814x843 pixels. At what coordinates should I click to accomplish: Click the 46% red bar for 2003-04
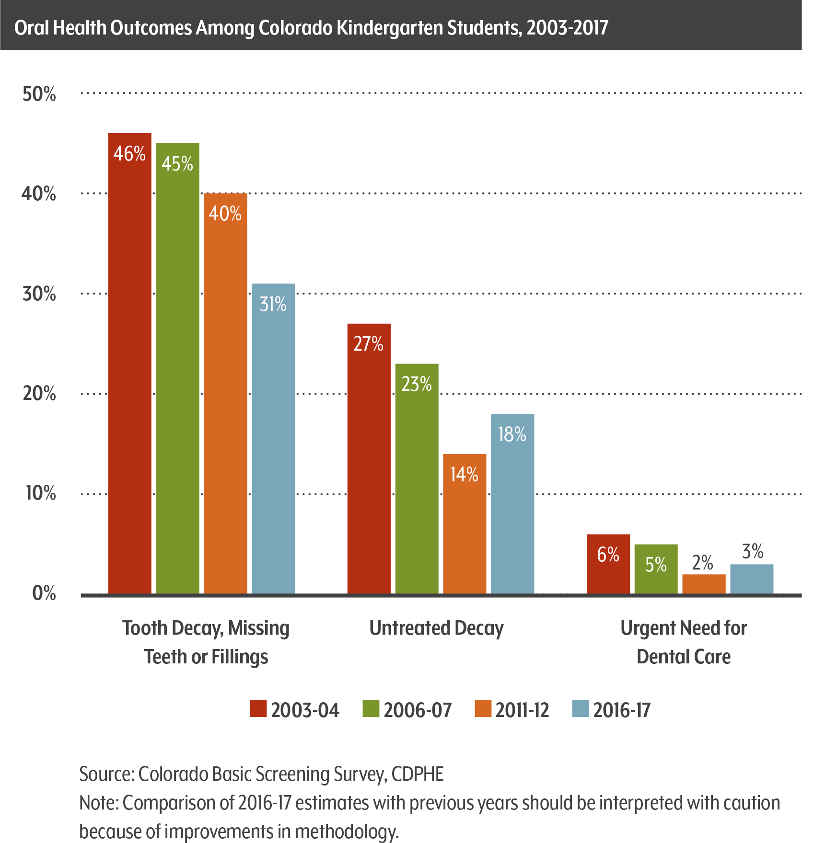point(129,364)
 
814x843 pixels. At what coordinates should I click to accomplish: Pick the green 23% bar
point(417,479)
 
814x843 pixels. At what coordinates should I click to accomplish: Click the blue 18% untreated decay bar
point(512,503)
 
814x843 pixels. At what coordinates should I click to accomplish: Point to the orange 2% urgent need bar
point(704,584)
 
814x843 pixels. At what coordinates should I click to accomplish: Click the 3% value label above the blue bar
point(752,552)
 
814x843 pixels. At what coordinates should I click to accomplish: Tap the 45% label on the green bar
point(177,164)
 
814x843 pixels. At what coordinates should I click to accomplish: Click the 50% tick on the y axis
point(39,94)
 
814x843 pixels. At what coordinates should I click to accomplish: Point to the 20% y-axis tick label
point(39,394)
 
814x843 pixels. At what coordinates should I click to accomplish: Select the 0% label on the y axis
point(44,593)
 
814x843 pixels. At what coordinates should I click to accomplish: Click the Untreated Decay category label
point(436,628)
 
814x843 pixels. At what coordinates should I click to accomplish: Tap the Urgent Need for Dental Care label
point(684,642)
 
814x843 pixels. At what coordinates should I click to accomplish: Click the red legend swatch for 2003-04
point(258,709)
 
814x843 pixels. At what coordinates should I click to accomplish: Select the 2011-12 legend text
point(522,710)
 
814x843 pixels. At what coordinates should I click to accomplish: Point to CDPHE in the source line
point(418,775)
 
